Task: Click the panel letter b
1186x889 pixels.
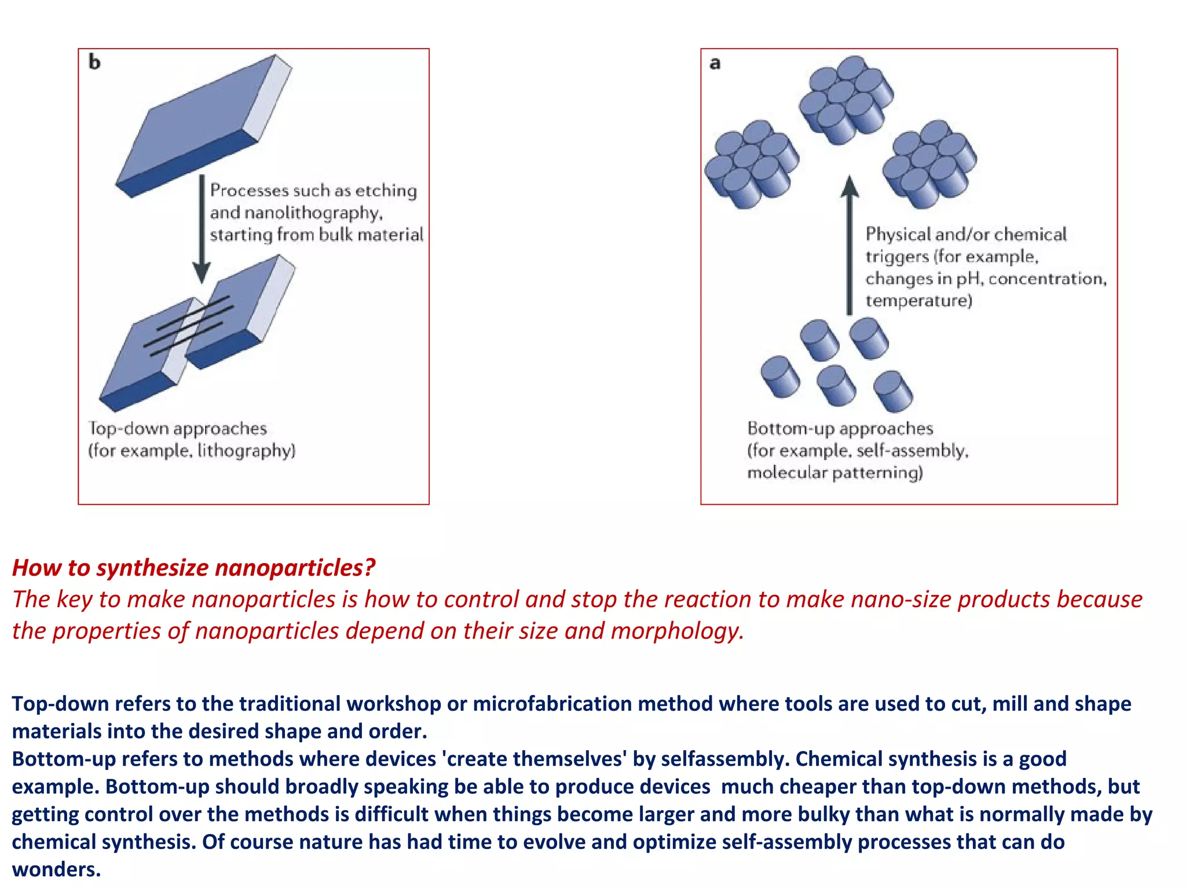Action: click(94, 62)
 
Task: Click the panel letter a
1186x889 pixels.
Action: click(715, 63)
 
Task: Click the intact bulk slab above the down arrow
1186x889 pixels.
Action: click(203, 124)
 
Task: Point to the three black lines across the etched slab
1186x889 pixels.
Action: click(188, 325)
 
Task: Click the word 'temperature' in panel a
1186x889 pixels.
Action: click(918, 301)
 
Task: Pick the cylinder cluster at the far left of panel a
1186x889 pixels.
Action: click(751, 164)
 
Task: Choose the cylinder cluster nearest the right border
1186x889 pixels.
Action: click(929, 164)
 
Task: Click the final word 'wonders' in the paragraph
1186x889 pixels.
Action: click(56, 869)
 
